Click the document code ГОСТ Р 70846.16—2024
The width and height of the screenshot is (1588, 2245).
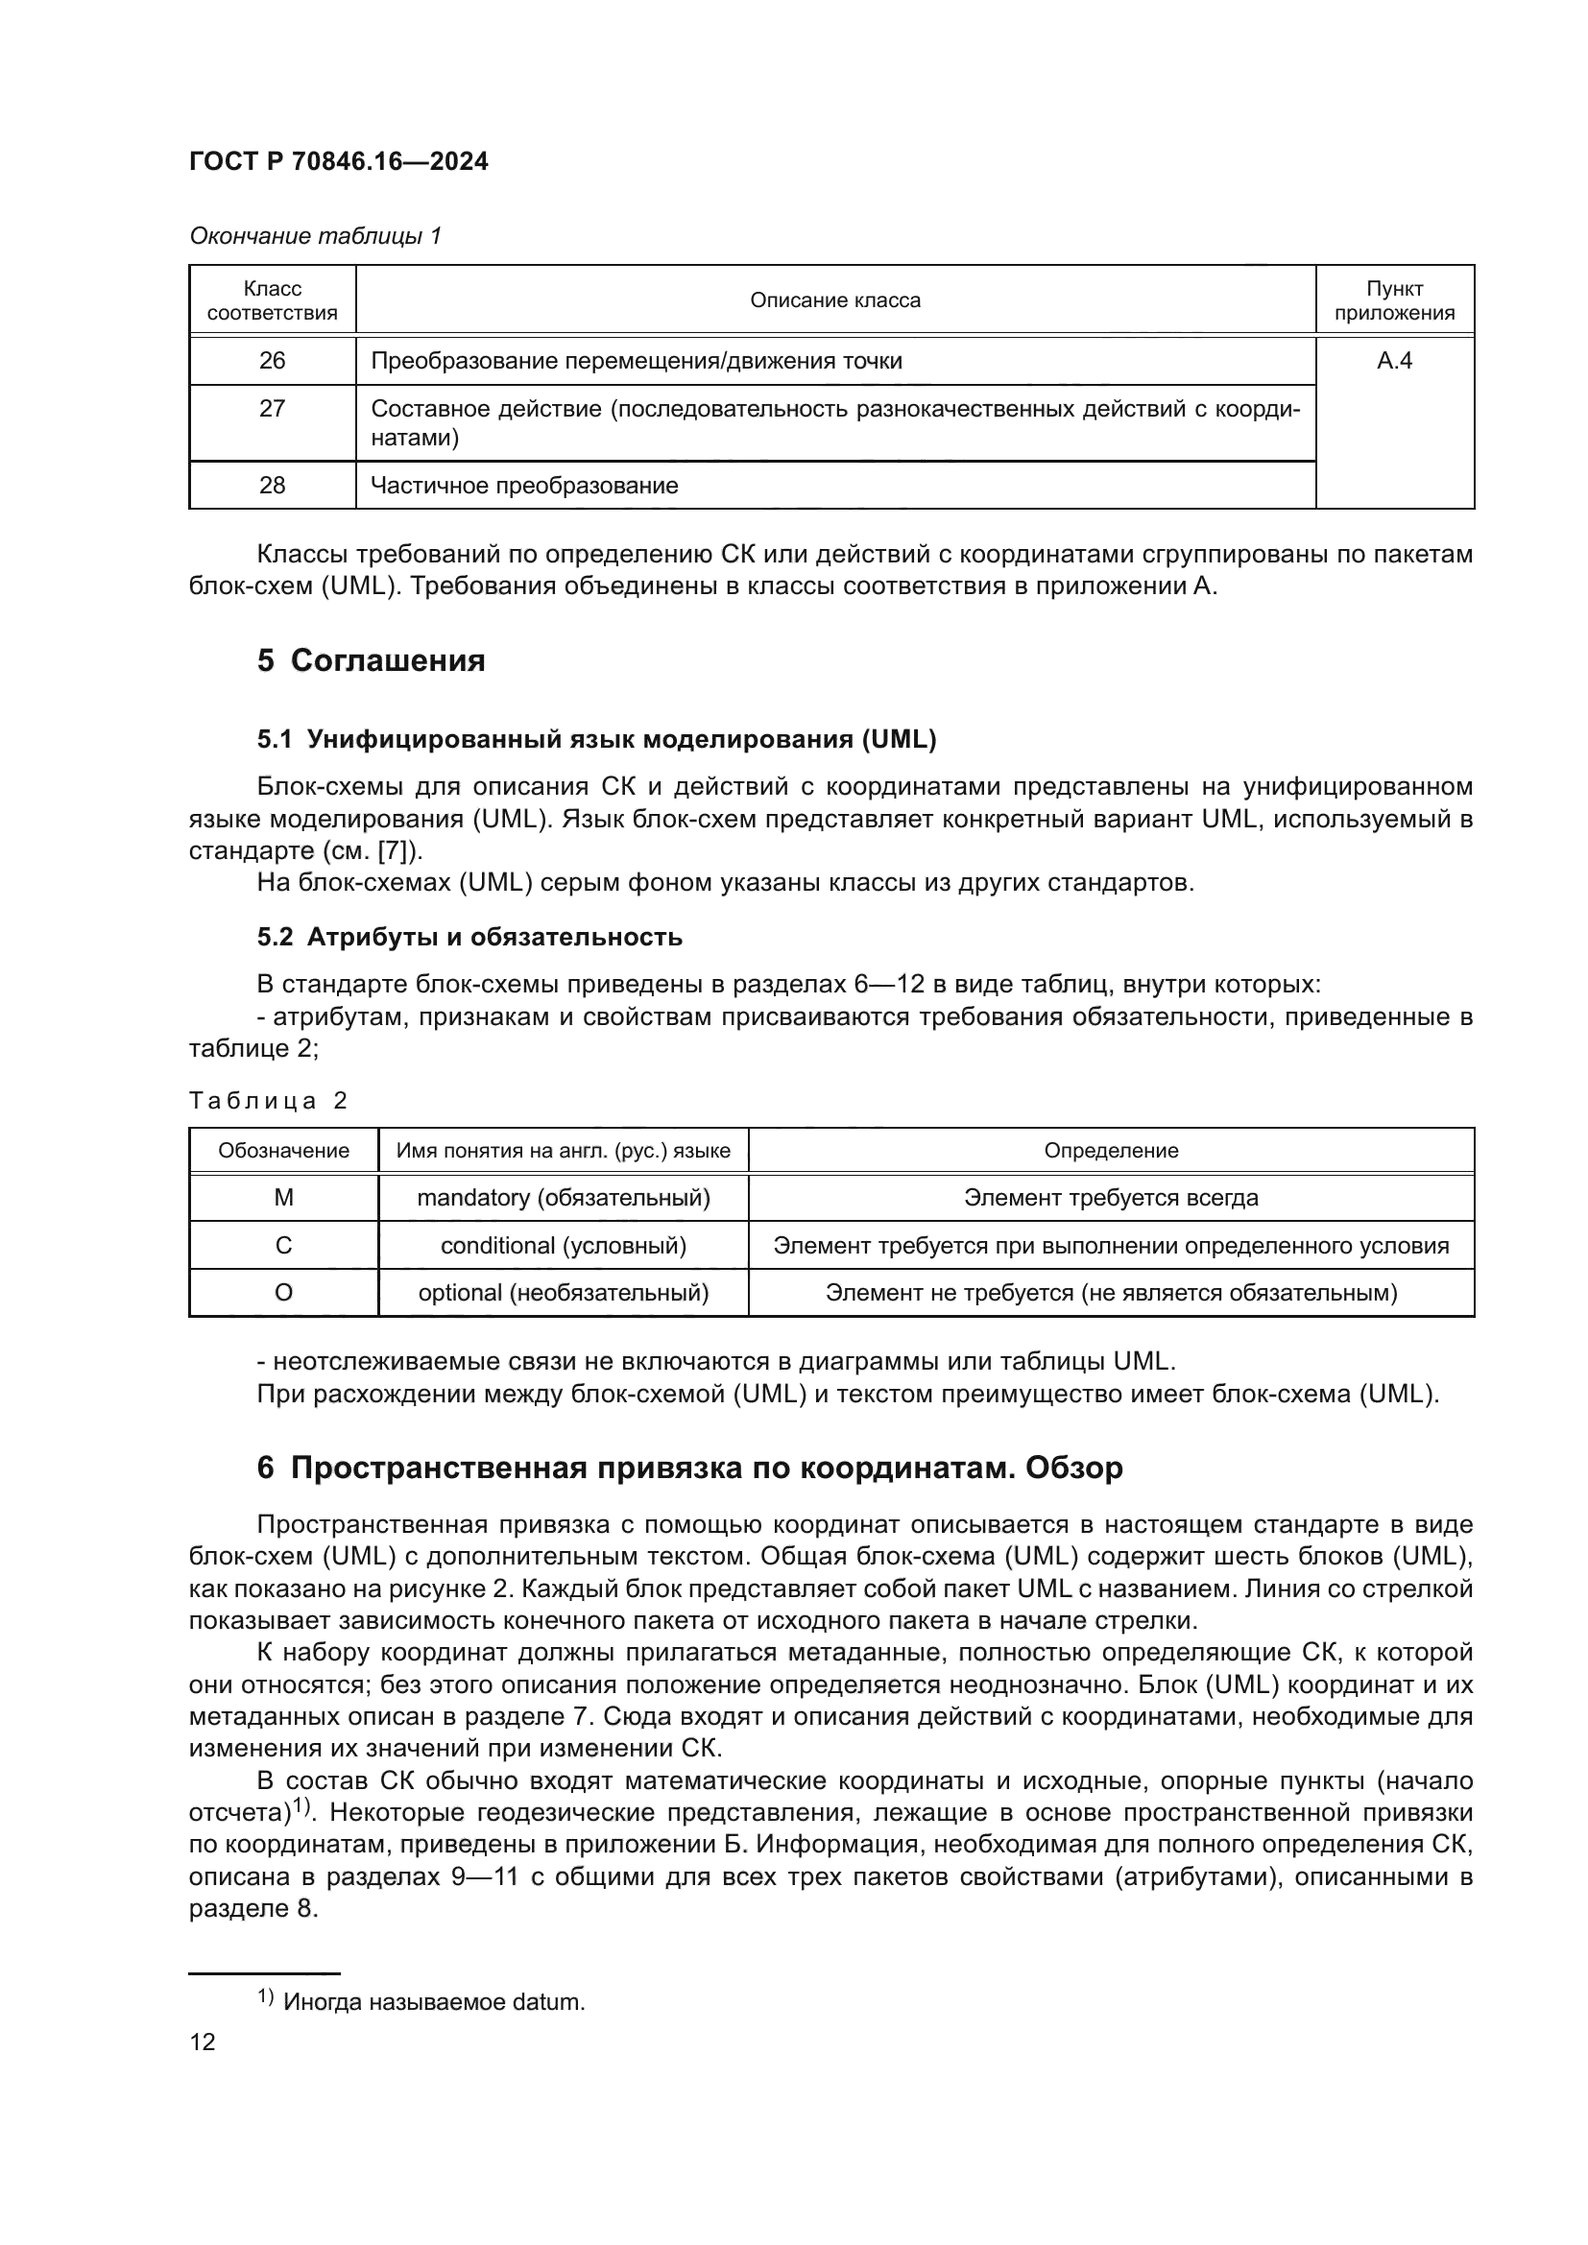[x=338, y=161]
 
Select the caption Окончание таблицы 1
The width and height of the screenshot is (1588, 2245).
[x=315, y=236]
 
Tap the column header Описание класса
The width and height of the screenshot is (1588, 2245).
[x=835, y=300]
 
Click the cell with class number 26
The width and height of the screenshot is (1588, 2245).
[x=272, y=361]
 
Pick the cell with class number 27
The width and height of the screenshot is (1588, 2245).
[x=272, y=409]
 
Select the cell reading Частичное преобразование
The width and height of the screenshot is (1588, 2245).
[x=524, y=486]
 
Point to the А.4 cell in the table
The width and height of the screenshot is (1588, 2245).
[x=1394, y=361]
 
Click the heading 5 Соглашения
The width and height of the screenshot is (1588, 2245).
[x=372, y=661]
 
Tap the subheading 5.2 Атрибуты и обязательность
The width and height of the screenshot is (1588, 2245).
[x=469, y=937]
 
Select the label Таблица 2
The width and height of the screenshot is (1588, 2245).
[x=268, y=1101]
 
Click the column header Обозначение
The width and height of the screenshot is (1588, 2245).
[x=283, y=1151]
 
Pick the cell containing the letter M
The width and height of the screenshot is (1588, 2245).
[x=283, y=1198]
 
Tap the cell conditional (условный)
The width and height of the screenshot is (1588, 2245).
[x=564, y=1246]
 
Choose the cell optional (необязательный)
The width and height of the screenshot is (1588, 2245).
[x=564, y=1293]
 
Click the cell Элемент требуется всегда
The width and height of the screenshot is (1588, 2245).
[x=1111, y=1198]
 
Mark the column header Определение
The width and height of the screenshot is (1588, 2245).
[x=1111, y=1151]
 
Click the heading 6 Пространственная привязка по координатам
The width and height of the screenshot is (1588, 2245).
[x=689, y=1468]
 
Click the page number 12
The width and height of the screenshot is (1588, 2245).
[x=203, y=2042]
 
